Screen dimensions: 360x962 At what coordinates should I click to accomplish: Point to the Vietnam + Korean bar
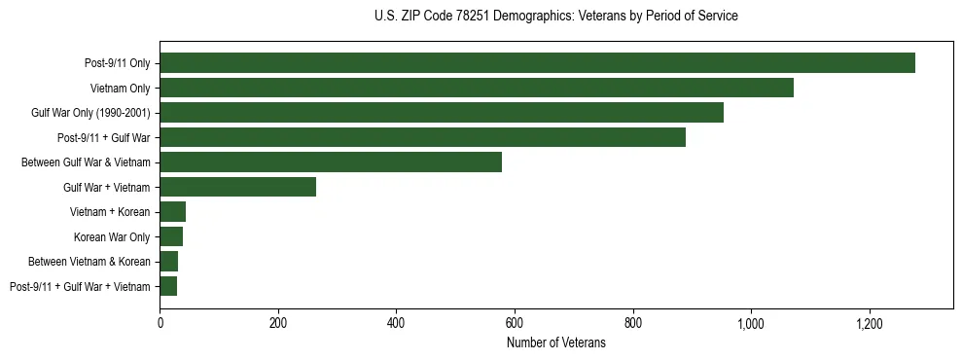click(x=172, y=212)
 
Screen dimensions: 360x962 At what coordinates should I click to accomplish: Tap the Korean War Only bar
click(x=171, y=236)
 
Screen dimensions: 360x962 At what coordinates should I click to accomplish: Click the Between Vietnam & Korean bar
click(x=168, y=262)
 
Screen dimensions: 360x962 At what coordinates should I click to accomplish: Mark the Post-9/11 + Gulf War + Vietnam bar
click(x=168, y=286)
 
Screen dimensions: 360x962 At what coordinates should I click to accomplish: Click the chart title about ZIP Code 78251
click(x=555, y=17)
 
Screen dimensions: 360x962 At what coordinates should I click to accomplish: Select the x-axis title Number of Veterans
click(x=555, y=342)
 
